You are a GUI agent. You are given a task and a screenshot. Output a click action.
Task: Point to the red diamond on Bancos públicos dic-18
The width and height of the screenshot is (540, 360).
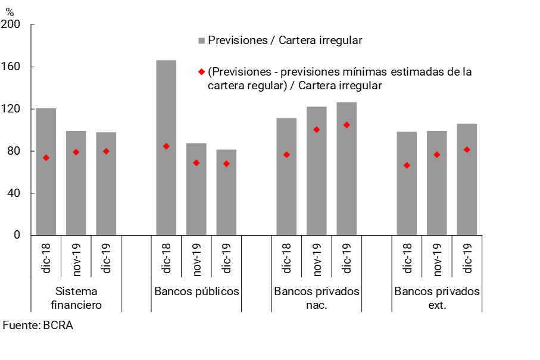(x=166, y=146)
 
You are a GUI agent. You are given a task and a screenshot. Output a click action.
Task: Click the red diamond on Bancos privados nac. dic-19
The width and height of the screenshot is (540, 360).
(x=347, y=125)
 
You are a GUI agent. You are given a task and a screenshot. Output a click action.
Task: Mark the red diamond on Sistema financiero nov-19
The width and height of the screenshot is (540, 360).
(x=76, y=152)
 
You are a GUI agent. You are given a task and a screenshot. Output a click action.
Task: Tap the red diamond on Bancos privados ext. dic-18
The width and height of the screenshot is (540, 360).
(x=407, y=165)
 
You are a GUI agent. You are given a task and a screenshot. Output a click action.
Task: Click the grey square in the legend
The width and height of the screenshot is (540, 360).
(x=201, y=40)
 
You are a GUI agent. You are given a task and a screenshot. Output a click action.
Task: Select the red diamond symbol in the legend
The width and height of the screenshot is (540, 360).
(x=201, y=72)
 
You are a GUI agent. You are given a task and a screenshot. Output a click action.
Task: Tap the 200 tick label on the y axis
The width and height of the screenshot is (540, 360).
(x=12, y=24)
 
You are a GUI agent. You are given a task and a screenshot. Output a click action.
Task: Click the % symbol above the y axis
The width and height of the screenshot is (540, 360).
(x=10, y=11)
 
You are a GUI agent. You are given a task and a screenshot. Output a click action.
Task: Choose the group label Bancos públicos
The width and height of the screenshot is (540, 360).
(x=196, y=292)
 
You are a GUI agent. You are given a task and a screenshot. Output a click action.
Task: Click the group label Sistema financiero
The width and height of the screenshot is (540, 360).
(x=76, y=298)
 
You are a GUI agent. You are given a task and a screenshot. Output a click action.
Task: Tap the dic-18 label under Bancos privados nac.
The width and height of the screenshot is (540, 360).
(x=286, y=256)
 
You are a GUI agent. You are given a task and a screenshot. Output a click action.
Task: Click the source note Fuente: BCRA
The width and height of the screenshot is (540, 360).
(x=38, y=325)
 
